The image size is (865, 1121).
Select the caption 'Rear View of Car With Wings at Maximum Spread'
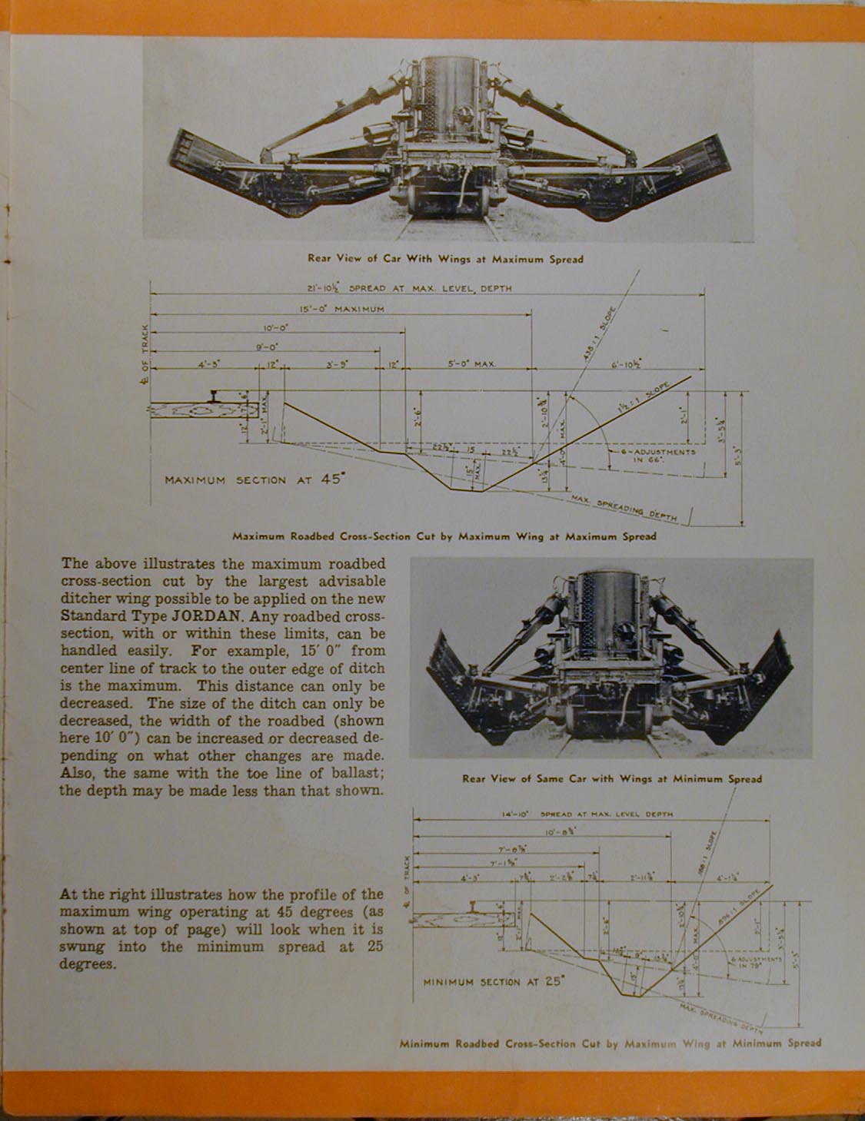pyautogui.click(x=445, y=259)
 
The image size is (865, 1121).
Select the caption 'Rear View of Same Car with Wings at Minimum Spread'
pyautogui.click(x=611, y=778)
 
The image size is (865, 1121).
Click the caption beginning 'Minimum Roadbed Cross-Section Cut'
pyautogui.click(x=610, y=1043)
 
